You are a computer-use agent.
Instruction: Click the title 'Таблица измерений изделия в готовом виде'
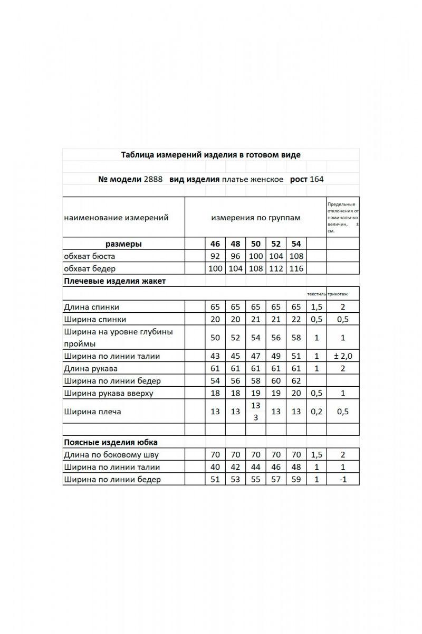pyautogui.click(x=211, y=155)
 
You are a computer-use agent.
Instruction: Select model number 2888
pyautogui.click(x=153, y=179)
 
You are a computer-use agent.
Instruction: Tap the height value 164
pyautogui.click(x=316, y=179)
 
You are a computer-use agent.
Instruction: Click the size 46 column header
pyautogui.click(x=215, y=244)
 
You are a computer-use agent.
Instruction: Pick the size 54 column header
pyautogui.click(x=296, y=244)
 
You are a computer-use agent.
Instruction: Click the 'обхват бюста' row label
pyautogui.click(x=89, y=256)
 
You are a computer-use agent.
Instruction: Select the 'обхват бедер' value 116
pyautogui.click(x=296, y=268)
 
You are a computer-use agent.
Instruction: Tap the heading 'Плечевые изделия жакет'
pyautogui.click(x=114, y=281)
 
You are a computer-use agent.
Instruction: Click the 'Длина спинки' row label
pyautogui.click(x=91, y=307)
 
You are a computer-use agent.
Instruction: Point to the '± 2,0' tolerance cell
pyautogui.click(x=342, y=356)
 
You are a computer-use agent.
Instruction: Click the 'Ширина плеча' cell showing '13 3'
pyautogui.click(x=255, y=412)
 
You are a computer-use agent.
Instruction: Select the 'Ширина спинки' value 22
pyautogui.click(x=296, y=319)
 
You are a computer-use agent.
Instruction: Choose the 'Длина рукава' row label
pyautogui.click(x=90, y=368)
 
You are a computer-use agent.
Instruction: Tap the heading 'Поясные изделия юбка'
pyautogui.click(x=110, y=442)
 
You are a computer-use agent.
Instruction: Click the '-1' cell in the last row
pyautogui.click(x=342, y=480)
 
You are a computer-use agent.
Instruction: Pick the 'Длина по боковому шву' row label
pyautogui.click(x=111, y=455)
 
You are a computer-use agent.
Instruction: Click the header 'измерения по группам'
pyautogui.click(x=255, y=218)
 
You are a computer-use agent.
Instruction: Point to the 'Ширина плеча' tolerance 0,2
pyautogui.click(x=316, y=412)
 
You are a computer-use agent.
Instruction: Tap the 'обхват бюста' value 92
pyautogui.click(x=215, y=256)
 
